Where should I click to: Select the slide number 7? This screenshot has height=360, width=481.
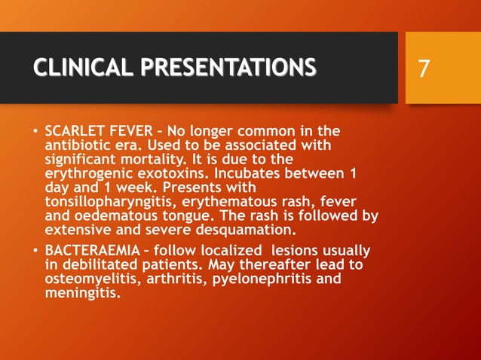pos(424,69)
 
